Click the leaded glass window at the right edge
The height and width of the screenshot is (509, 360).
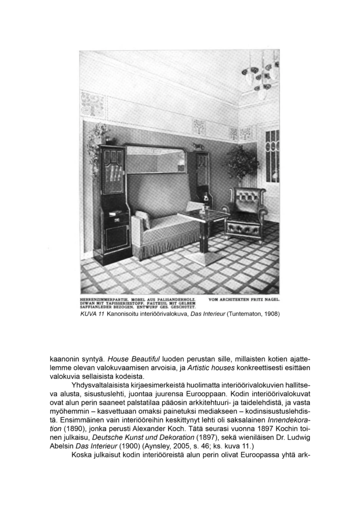(272, 155)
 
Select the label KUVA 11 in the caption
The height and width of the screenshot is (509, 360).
(92, 314)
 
